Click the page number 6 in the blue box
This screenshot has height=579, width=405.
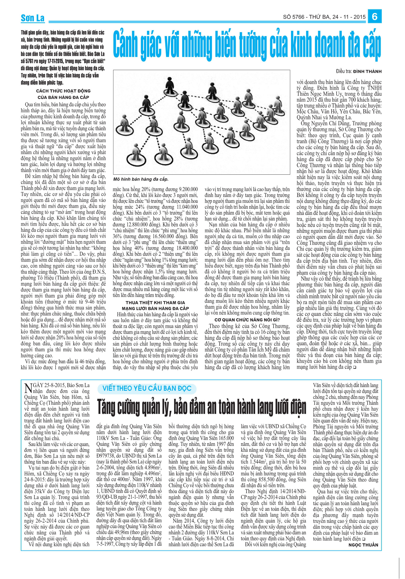click(x=374, y=16)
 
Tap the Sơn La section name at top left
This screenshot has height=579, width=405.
click(x=33, y=18)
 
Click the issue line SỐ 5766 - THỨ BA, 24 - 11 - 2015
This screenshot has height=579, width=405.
click(x=324, y=17)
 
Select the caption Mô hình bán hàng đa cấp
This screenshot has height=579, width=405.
click(x=141, y=179)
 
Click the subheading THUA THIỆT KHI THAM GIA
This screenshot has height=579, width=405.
click(x=155, y=302)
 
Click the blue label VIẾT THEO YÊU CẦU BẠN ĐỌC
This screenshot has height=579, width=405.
click(x=147, y=388)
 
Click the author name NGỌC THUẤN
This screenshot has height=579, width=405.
click(x=363, y=545)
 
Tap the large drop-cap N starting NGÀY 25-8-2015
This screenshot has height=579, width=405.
click(x=28, y=389)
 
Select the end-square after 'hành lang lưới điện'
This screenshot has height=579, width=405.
click(x=364, y=539)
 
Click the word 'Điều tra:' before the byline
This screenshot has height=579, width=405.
click(x=344, y=72)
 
